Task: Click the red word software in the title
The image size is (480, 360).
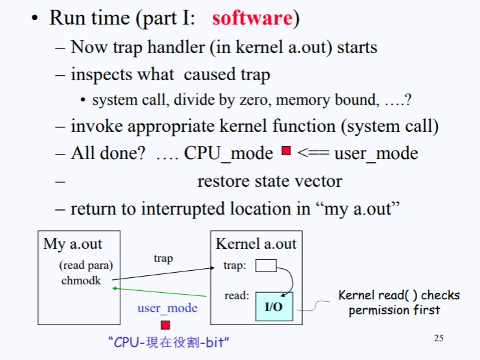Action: [x=252, y=17]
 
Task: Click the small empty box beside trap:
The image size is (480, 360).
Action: [x=266, y=265]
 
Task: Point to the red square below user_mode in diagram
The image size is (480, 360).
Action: [x=166, y=324]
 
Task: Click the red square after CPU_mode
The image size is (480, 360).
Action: [x=287, y=153]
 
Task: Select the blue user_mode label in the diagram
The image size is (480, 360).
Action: [x=167, y=308]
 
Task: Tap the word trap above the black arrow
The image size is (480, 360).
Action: [x=163, y=258]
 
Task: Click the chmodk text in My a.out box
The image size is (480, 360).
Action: [x=82, y=281]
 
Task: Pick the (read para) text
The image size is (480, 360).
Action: [x=86, y=265]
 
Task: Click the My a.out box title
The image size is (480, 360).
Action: [x=72, y=244]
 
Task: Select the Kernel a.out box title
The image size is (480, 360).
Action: [x=256, y=244]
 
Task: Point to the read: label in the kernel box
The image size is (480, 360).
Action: [x=236, y=296]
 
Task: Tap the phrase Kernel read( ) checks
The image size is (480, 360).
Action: [x=398, y=295]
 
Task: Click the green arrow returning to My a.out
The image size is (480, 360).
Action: [x=162, y=292]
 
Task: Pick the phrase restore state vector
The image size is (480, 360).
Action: [x=269, y=182]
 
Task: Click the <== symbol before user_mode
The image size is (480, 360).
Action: [x=313, y=153]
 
